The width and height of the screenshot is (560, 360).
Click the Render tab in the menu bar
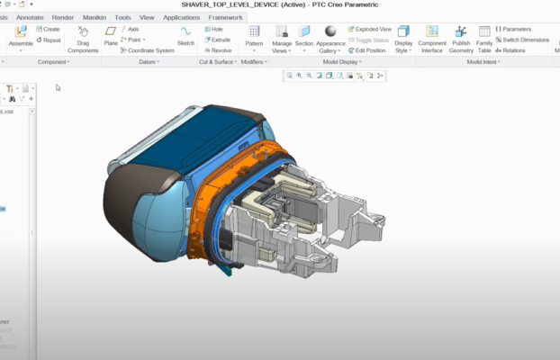63,17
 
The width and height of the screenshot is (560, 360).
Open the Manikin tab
94,17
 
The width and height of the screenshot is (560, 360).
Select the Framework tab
224,17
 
